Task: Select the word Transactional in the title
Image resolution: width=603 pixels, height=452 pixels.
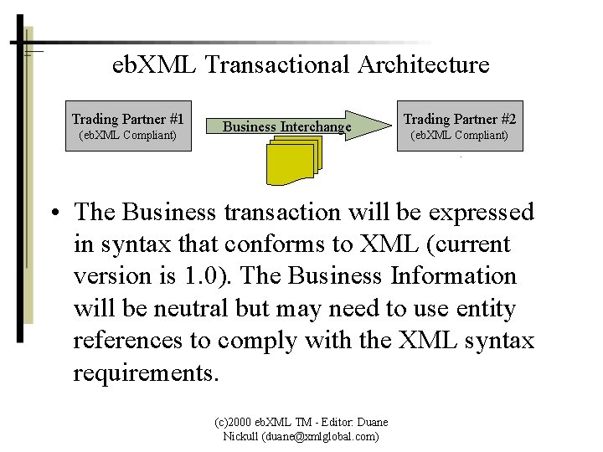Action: point(261,64)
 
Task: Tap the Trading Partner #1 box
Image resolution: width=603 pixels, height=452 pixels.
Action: point(128,126)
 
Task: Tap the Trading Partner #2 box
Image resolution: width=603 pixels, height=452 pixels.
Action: point(460,126)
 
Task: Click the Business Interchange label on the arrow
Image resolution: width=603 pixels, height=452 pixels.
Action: point(286,126)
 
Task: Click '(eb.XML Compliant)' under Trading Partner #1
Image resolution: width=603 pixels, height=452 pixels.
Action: point(128,135)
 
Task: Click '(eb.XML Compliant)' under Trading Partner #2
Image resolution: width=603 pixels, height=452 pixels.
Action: point(460,135)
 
